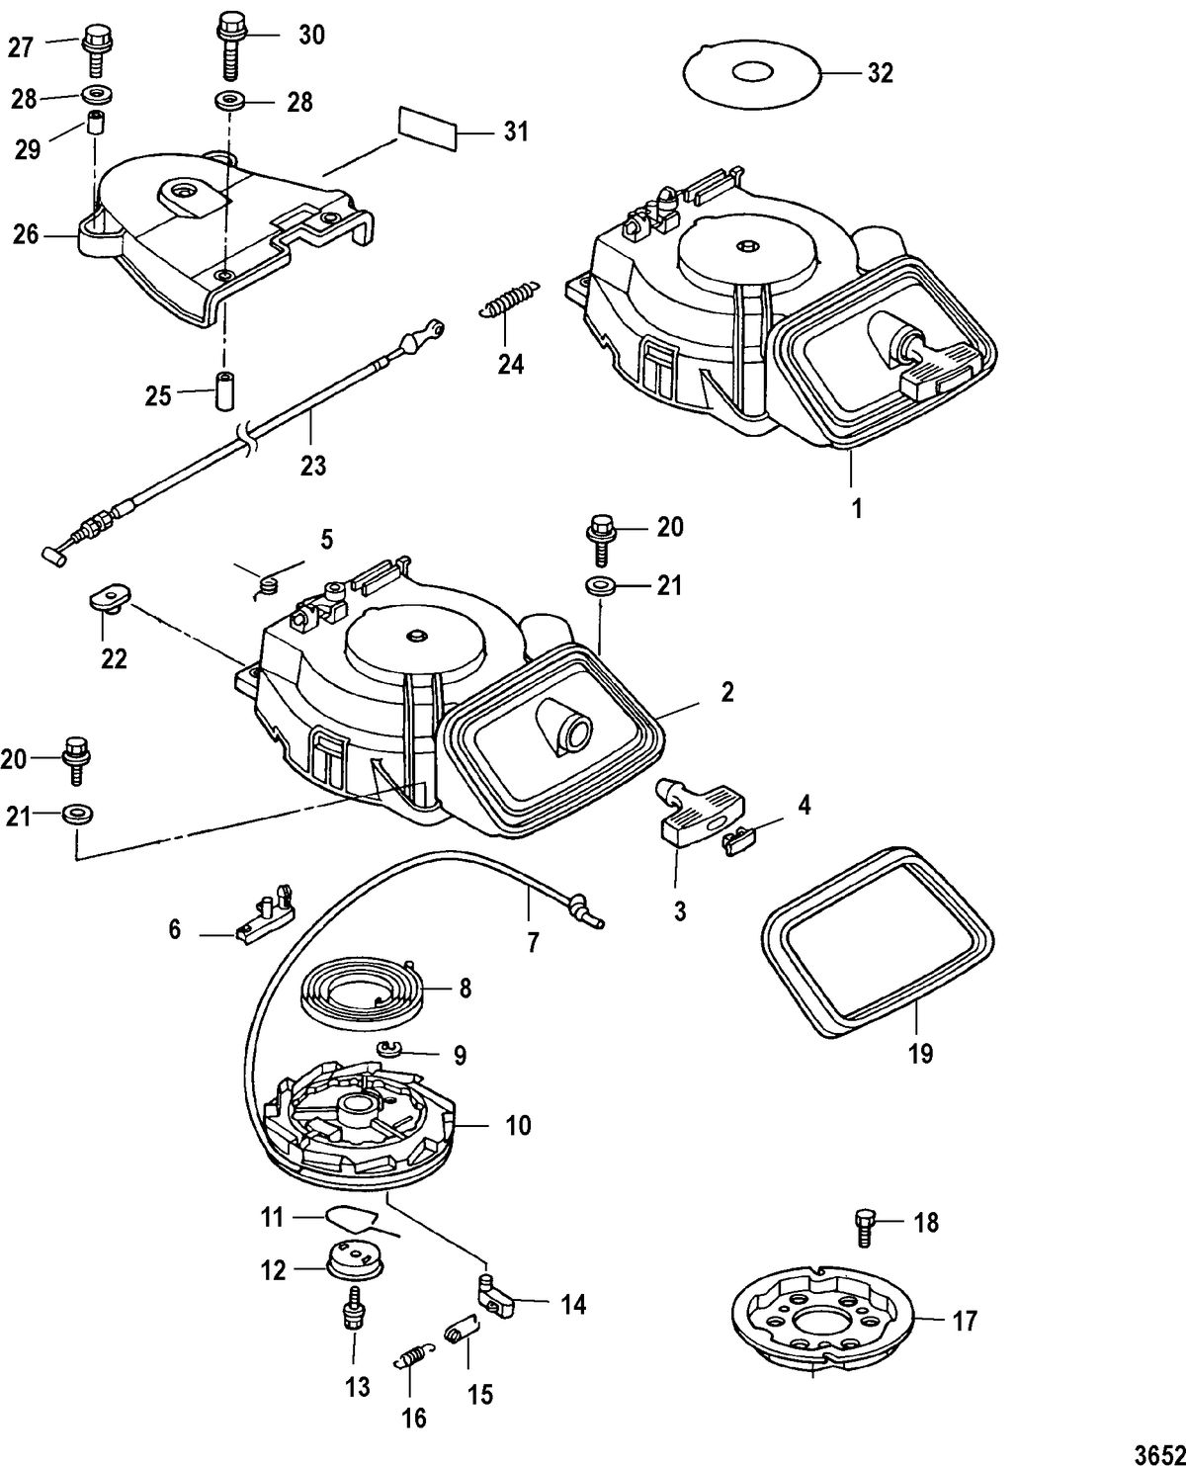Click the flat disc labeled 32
click(751, 73)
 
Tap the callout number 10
click(518, 1125)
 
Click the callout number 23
click(312, 464)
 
